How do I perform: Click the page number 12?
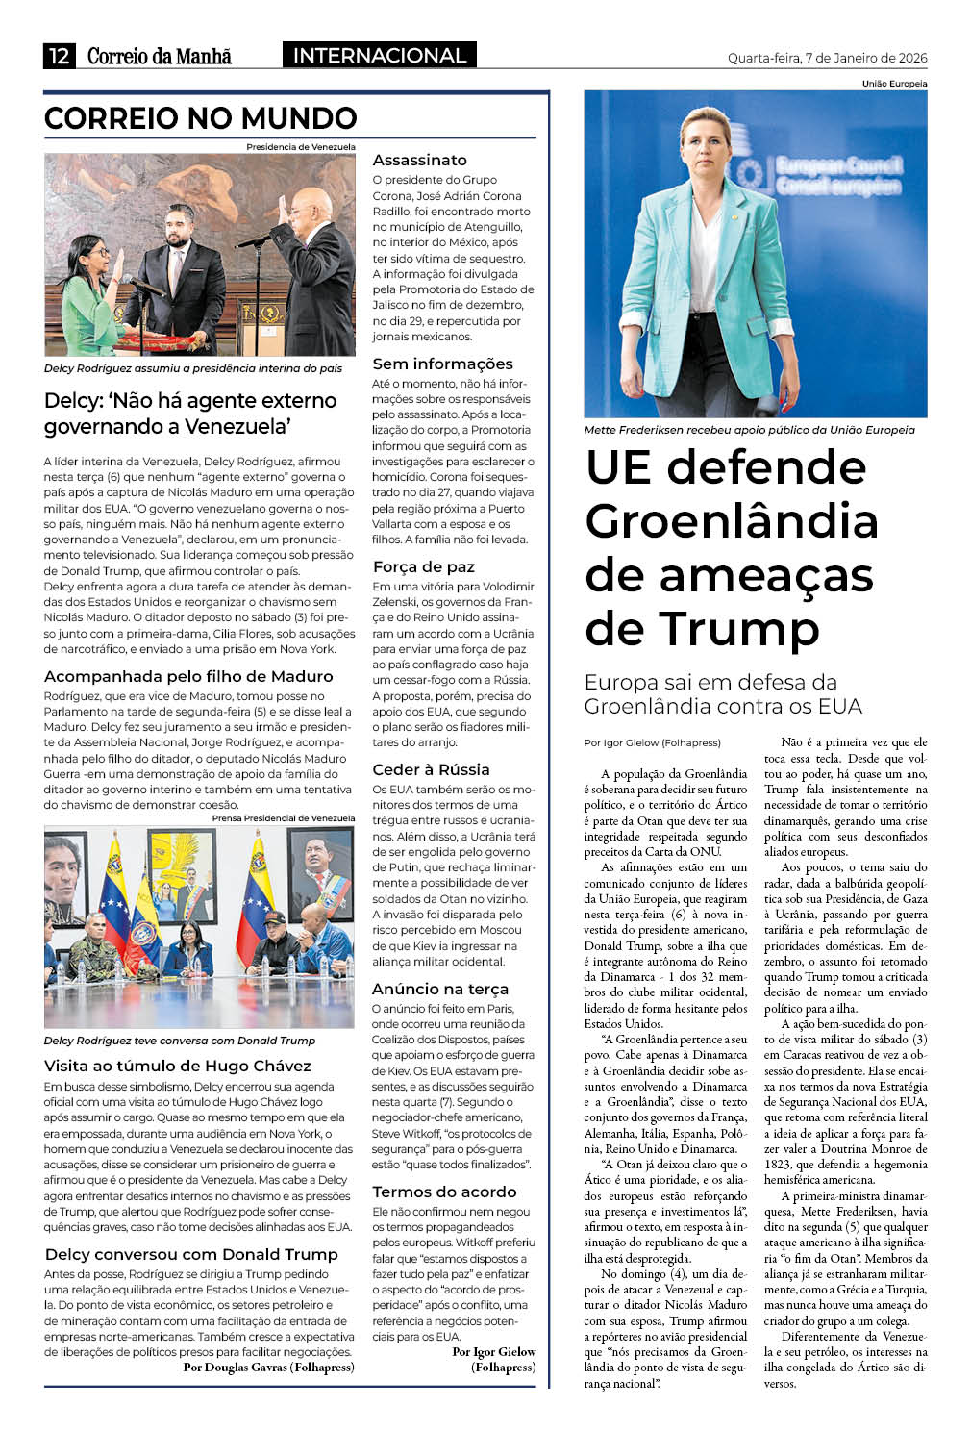pos(59,56)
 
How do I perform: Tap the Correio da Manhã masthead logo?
pos(160,56)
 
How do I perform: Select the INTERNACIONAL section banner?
pos(379,56)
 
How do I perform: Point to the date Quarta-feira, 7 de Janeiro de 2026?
pos(827,58)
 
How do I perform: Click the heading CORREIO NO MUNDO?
pos(200,118)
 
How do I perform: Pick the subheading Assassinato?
pos(419,160)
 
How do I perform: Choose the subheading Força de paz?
pos(423,566)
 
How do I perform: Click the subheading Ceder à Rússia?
pos(431,769)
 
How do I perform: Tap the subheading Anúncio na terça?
pos(440,989)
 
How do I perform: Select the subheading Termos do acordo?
pos(444,1192)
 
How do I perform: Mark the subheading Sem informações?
pos(442,364)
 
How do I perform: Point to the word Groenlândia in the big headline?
pos(731,521)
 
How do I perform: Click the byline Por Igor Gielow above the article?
pos(652,742)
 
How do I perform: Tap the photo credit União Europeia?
pos(894,84)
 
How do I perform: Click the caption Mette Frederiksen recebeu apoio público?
pos(749,430)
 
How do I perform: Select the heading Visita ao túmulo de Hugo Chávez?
pos(178,1066)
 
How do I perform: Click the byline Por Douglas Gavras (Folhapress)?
pos(268,1367)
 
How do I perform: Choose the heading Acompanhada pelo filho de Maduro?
pos(188,676)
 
